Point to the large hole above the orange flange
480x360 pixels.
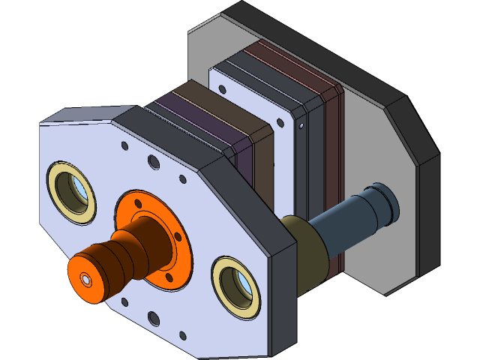153,162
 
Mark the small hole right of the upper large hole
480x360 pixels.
181,179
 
